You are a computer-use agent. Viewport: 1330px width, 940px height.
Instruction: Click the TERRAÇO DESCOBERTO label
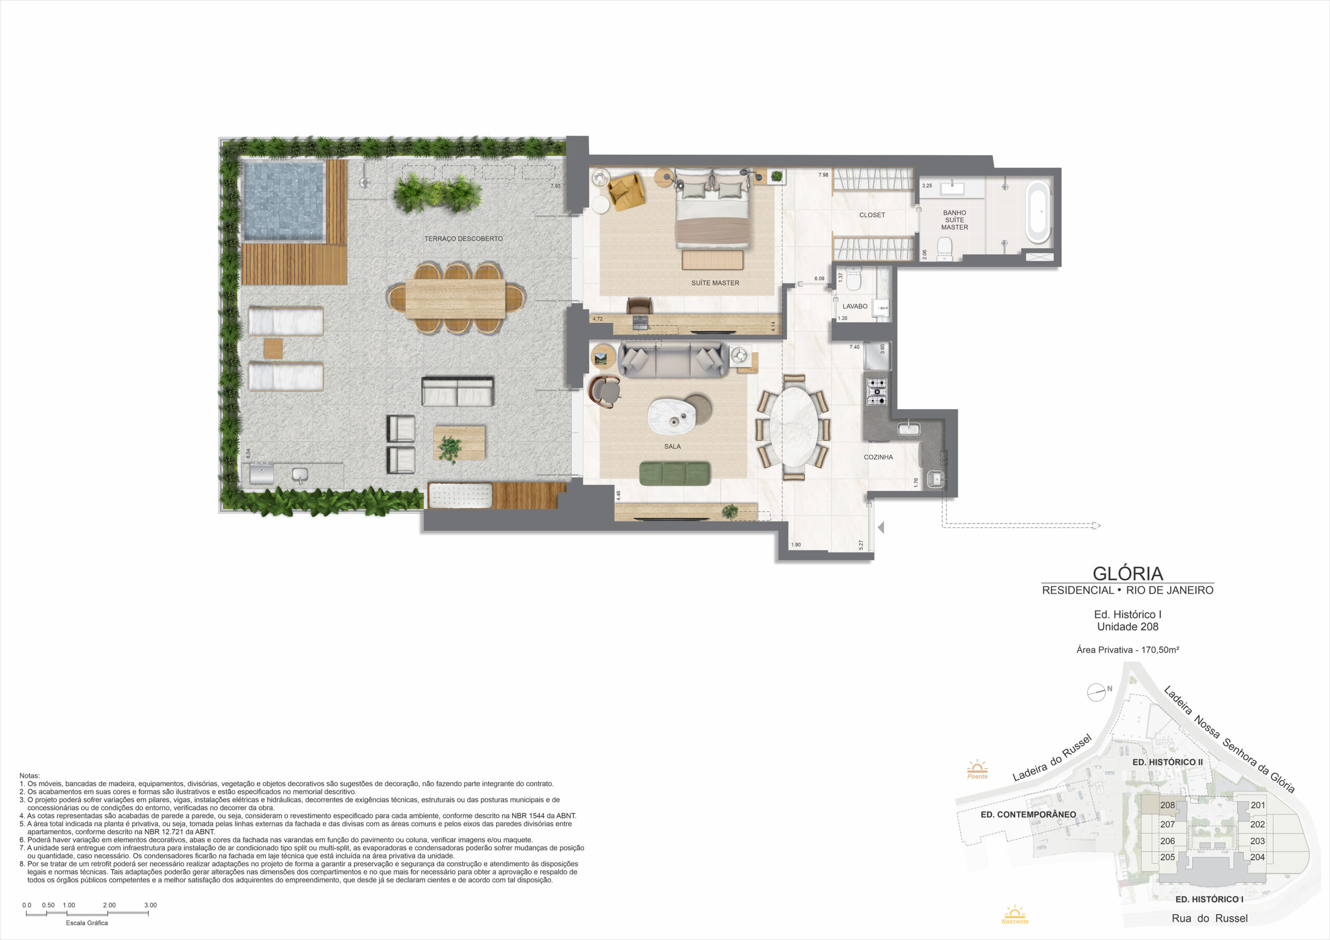click(x=463, y=238)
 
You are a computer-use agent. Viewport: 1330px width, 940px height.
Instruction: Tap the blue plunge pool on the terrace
click(x=284, y=200)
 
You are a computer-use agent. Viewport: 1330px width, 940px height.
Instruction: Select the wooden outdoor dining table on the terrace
click(x=455, y=299)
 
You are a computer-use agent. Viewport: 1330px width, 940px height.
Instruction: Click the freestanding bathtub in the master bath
click(x=1038, y=212)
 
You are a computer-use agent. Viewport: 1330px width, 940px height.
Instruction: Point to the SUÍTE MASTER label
click(x=715, y=283)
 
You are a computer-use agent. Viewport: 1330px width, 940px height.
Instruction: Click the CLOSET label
click(x=872, y=215)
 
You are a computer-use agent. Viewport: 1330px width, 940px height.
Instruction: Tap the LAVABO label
click(x=855, y=306)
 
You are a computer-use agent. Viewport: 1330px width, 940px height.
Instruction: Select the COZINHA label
click(x=878, y=457)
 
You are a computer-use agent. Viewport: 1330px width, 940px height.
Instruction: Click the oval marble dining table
click(x=794, y=426)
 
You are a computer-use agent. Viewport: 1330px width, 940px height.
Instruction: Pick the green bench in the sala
click(x=675, y=473)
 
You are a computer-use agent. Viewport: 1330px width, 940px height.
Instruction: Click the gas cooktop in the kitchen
click(x=876, y=392)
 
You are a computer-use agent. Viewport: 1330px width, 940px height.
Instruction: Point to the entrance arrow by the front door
click(x=881, y=528)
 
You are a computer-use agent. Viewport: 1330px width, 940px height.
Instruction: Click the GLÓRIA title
click(x=1127, y=573)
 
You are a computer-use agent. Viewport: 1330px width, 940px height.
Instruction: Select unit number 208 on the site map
click(x=1167, y=805)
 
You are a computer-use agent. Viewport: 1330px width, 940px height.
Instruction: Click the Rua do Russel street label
click(x=1209, y=918)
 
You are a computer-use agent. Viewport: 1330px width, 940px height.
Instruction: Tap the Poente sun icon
click(x=977, y=770)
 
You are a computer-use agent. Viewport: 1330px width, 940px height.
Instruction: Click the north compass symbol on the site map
click(x=1097, y=693)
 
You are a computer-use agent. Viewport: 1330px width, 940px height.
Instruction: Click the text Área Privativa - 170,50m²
click(x=1127, y=650)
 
